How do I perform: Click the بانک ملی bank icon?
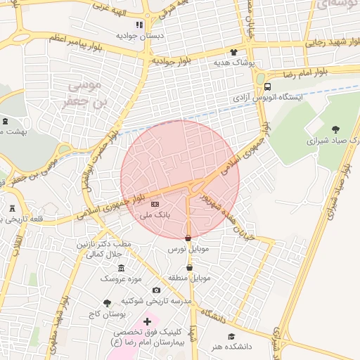pos(155,204)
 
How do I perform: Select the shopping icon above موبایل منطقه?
pos(189,267)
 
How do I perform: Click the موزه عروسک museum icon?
pos(122,268)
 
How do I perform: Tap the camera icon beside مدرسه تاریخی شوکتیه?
pos(156,290)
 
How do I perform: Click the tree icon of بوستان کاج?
pos(107,303)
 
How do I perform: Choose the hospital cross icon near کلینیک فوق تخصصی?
pos(146,321)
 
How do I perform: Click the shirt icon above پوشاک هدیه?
pos(234,51)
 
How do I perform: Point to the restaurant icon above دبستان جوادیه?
pos(139,25)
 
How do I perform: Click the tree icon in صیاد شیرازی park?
pos(335,129)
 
